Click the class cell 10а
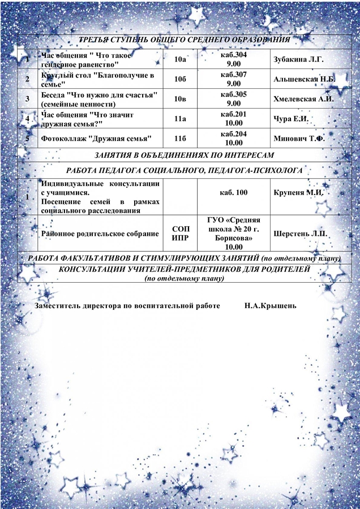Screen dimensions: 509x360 click(x=180, y=59)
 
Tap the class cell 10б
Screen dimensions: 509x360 click(x=180, y=79)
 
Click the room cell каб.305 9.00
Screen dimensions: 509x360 click(x=234, y=99)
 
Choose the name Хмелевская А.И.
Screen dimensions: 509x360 click(x=303, y=99)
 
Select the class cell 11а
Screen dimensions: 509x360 click(x=180, y=119)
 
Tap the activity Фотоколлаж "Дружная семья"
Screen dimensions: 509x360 click(x=97, y=139)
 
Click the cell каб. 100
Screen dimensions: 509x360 click(x=234, y=193)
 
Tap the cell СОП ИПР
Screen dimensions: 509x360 click(x=180, y=232)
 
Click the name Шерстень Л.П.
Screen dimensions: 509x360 click(x=301, y=232)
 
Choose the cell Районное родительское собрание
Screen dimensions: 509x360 click(x=99, y=232)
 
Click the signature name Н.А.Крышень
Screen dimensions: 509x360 click(x=271, y=305)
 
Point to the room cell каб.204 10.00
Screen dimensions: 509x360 click(x=234, y=139)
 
